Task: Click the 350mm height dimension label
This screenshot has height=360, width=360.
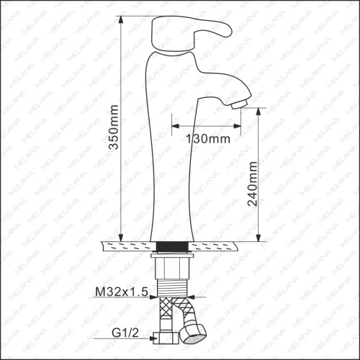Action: click(x=114, y=127)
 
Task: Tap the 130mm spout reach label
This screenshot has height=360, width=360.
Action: click(x=208, y=139)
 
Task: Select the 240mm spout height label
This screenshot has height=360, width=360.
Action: click(x=252, y=184)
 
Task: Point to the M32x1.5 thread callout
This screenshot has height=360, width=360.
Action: click(x=122, y=292)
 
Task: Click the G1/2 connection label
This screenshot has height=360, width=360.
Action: click(x=125, y=333)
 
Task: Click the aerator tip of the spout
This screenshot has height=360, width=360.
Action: click(x=240, y=104)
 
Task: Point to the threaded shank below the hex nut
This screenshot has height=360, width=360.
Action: click(x=172, y=287)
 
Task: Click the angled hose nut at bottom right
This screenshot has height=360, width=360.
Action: click(x=193, y=333)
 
